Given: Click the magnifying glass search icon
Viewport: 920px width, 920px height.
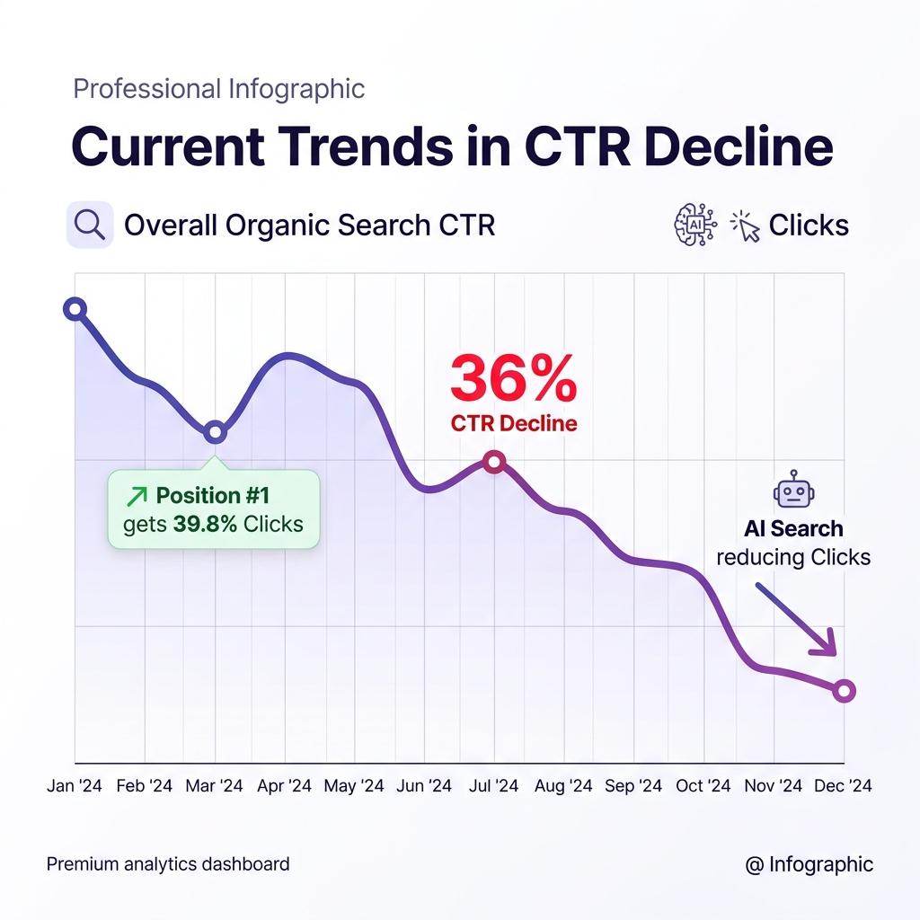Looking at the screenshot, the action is pos(90,225).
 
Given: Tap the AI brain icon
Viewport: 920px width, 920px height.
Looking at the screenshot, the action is pos(694,225).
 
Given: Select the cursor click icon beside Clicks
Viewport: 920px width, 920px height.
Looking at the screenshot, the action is pos(745,226).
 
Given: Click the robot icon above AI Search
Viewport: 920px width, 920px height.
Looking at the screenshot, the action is pos(793,489).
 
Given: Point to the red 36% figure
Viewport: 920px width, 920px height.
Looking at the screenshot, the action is pos(513,378).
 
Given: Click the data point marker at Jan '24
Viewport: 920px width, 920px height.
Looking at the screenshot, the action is pos(75,309).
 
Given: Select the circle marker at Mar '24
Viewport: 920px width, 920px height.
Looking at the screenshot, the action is pos(216,432).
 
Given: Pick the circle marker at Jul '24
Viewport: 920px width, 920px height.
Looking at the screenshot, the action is pos(495,462).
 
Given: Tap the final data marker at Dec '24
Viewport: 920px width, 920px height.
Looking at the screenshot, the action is pos(844,691).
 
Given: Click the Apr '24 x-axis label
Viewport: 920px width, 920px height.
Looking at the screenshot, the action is pos(284,785).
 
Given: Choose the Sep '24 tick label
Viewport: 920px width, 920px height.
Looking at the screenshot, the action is pos(633,785).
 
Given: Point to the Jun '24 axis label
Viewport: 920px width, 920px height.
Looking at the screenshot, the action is pos(424,785).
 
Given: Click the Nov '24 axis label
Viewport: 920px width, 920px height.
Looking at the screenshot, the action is pos(773,785).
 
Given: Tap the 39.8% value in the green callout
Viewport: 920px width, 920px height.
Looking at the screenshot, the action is pos(205,524).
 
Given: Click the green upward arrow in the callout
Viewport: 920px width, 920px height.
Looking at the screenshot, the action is pos(137,496).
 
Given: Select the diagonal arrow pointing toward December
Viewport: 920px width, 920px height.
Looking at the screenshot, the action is pos(796,619).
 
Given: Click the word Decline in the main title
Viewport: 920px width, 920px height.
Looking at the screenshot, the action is pos(739,146).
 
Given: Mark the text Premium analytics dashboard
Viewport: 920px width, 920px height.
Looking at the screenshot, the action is pos(168,864).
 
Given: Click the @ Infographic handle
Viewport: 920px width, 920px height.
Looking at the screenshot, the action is pos(809,864).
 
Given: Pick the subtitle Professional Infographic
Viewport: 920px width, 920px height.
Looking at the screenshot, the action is pos(219,89).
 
